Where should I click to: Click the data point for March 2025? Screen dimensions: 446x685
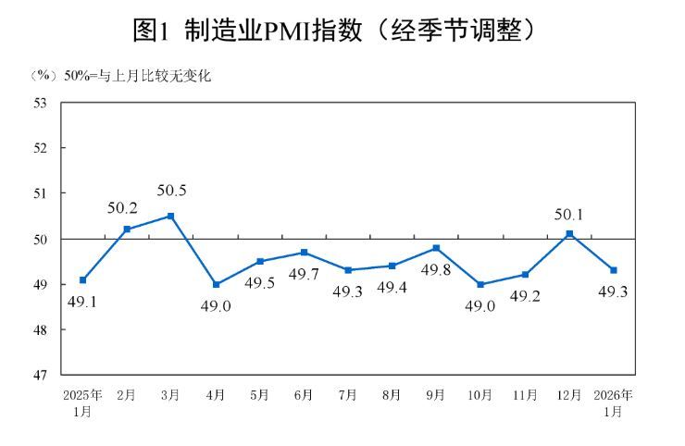coord(171,216)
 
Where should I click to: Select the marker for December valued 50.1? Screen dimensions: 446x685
coord(569,233)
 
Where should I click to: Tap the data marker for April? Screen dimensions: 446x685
coord(216,284)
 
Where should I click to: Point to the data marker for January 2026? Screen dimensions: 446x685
coord(614,270)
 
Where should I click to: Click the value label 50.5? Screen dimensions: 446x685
coord(171,191)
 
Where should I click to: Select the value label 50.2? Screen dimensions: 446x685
coord(123,208)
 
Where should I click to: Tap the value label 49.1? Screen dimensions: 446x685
coord(82,301)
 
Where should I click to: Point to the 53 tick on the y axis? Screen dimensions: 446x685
coord(41,103)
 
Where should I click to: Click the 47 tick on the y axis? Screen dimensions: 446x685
coord(41,375)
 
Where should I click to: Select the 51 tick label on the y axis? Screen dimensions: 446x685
coord(41,193)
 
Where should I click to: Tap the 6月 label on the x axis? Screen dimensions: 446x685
coord(304,395)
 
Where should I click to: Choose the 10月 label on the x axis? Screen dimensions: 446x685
coord(479,395)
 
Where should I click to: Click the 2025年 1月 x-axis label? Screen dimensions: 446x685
coord(82,403)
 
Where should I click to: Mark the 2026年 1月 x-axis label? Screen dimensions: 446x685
coord(614,403)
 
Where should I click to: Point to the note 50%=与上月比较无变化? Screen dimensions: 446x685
coord(136,77)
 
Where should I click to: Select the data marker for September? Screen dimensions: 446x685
coord(436,248)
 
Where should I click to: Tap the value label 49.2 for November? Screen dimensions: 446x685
coord(526,297)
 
